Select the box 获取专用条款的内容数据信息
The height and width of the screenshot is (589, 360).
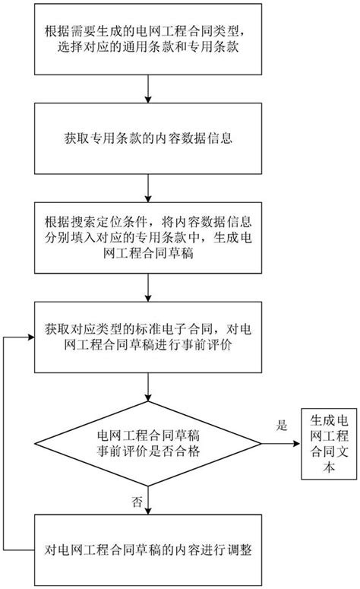149,139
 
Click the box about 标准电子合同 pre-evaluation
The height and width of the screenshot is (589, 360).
149,340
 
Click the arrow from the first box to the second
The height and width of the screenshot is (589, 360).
149,90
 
